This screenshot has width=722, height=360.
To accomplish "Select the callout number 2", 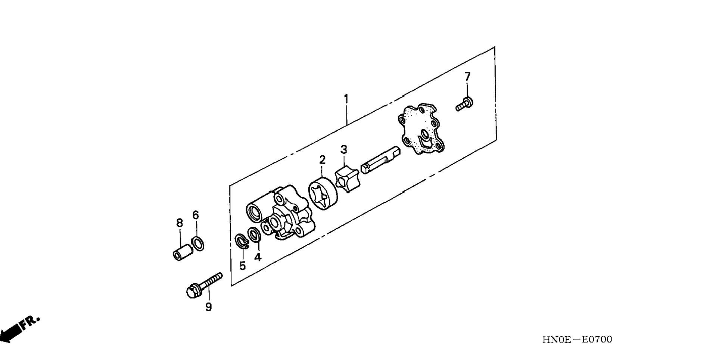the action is click(322, 160).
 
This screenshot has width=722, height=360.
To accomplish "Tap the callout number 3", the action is click(343, 149).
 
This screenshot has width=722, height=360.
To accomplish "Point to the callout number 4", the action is click(258, 257).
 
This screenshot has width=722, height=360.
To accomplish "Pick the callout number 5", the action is click(243, 266).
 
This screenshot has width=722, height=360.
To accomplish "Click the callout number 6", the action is click(196, 215).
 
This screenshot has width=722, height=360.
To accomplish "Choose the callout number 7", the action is click(467, 77).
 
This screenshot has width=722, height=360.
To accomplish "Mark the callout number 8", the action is click(180, 223).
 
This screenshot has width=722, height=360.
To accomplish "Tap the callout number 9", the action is click(208, 307).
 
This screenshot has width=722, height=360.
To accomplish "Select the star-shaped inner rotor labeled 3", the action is click(346, 180).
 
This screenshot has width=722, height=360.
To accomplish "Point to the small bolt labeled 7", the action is click(464, 103).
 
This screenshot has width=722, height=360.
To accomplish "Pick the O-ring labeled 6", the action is click(198, 243).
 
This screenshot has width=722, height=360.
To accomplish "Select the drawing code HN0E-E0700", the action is click(577, 339).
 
